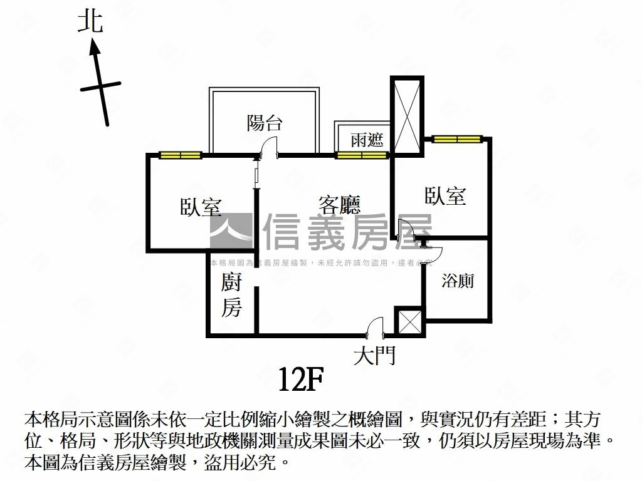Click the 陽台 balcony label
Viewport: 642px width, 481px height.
tap(264, 123)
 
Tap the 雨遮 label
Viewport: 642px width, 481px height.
tap(367, 139)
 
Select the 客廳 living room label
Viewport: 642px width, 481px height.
tap(339, 205)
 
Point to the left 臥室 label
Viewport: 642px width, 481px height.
tap(201, 207)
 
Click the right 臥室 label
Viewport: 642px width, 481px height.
tap(445, 196)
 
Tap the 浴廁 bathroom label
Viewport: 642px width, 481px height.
tap(458, 281)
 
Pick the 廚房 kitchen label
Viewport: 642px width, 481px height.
tap(231, 296)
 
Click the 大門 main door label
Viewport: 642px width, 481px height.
tap(374, 357)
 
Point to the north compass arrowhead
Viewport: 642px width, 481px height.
tap(95, 46)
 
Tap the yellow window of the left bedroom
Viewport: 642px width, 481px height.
tap(180, 155)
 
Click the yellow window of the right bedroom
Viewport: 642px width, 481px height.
tap(456, 138)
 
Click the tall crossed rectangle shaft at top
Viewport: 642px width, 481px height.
tap(407, 114)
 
